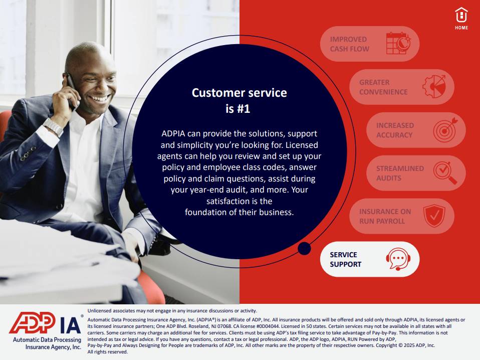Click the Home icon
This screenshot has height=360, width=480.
click(461, 19)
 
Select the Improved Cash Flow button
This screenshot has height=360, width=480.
click(369, 44)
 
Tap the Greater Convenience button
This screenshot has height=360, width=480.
click(402, 87)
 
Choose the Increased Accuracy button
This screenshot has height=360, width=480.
click(416, 130)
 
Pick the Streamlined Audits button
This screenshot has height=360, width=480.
click(416, 173)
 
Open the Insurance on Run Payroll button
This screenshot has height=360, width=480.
click(402, 216)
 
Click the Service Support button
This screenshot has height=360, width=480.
click(369, 259)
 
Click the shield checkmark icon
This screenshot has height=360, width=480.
click(434, 216)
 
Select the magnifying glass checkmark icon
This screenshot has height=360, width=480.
click(445, 173)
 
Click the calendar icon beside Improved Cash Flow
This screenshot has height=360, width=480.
click(398, 44)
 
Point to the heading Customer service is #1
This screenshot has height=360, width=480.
click(239, 100)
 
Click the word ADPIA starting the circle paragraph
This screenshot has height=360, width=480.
click(173, 133)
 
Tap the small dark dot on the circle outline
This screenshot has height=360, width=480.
click(304, 248)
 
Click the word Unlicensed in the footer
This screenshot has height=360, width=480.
click(100, 311)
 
